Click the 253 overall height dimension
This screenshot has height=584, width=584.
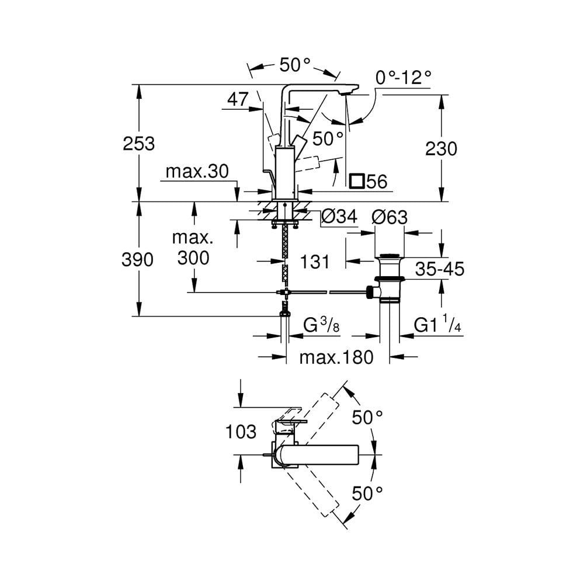[x=139, y=143]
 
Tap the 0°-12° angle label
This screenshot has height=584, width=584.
[x=403, y=78]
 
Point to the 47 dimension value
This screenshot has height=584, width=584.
[x=238, y=100]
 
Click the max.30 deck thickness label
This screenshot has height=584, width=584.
[x=197, y=172]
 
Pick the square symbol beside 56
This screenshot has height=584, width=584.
[x=356, y=181]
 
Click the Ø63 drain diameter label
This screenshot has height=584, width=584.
[x=390, y=217]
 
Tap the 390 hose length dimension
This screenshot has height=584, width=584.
[x=139, y=259]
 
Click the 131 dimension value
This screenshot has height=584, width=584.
[x=315, y=262]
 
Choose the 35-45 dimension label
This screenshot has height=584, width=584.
[x=440, y=269]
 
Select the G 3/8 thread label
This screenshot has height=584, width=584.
[x=321, y=325]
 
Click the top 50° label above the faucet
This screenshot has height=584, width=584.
[x=294, y=65]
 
